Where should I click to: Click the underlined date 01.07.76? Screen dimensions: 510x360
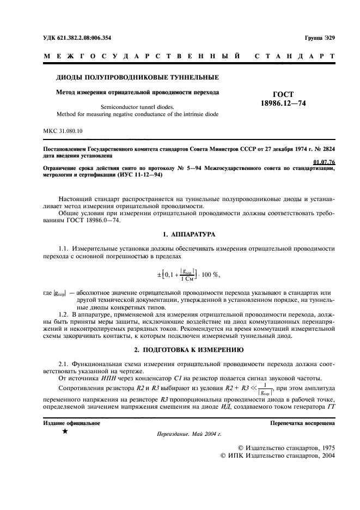pyautogui.click(x=325, y=162)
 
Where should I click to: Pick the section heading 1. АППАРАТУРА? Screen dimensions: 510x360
pyautogui.click(x=191, y=234)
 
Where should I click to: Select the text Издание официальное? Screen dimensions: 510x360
pyautogui.click(x=71, y=423)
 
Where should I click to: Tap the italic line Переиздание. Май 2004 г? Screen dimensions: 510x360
pyautogui.click(x=188, y=434)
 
